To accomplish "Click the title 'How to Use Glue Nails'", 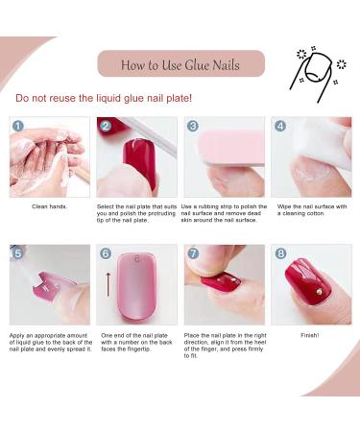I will (180, 64).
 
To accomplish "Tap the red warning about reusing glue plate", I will (104, 98).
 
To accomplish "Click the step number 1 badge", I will (18, 126).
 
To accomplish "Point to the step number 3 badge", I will (193, 126).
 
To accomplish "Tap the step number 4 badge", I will (279, 126).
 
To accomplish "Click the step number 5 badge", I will (18, 253).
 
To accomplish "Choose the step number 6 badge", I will (106, 253).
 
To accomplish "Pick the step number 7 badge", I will (193, 253).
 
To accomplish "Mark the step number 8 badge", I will (279, 253).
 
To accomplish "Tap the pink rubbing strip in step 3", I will (225, 141).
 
